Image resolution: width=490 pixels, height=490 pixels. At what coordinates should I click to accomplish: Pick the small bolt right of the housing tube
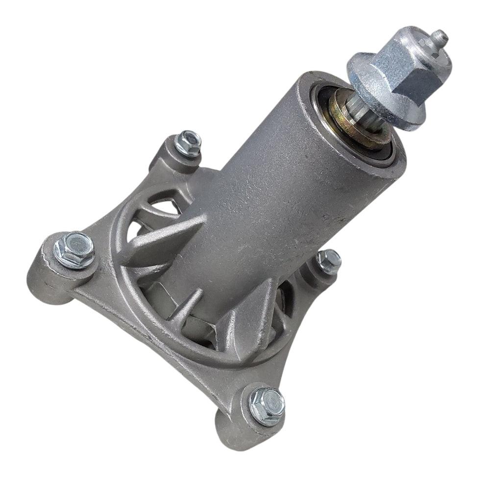tap(329, 262)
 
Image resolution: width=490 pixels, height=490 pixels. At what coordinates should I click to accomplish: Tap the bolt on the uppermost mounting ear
tap(188, 143)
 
